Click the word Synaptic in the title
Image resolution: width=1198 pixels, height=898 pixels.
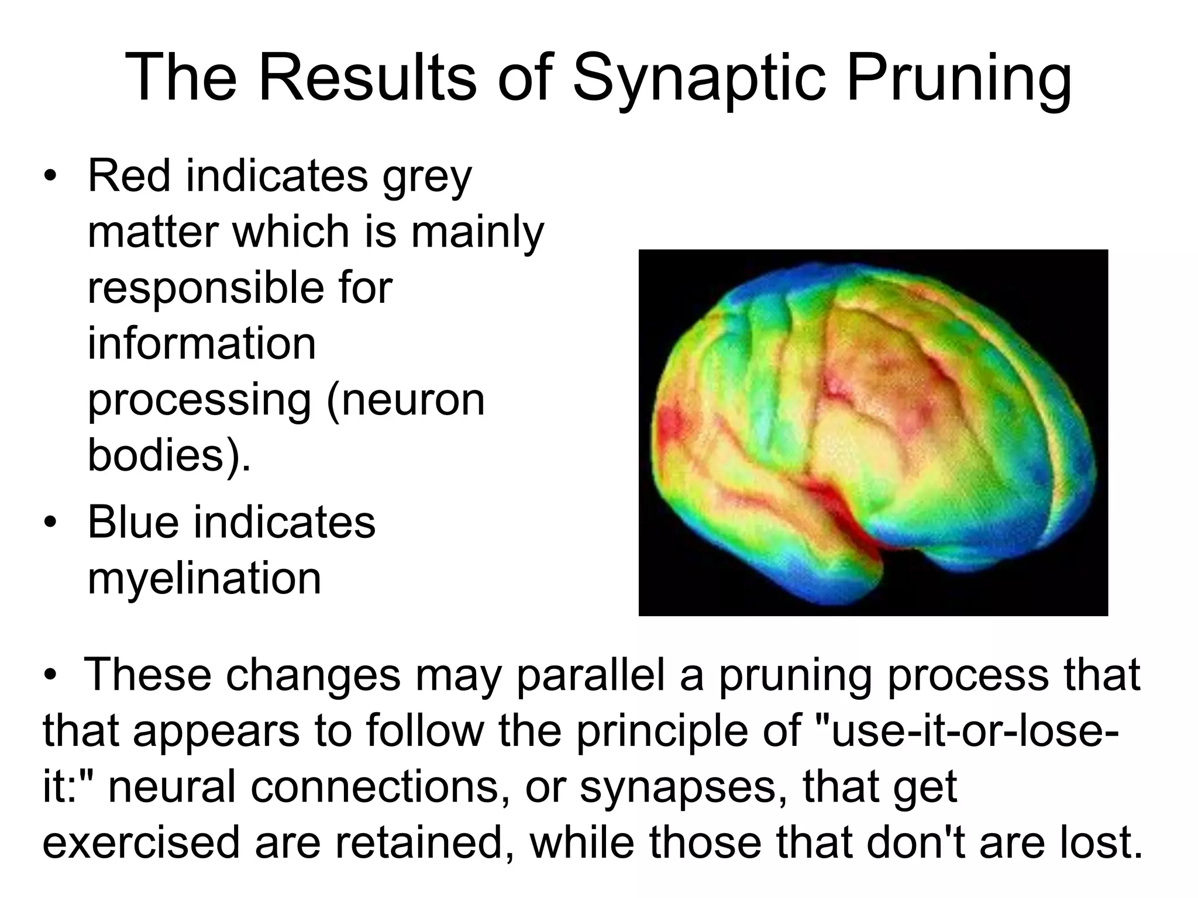[x=699, y=79]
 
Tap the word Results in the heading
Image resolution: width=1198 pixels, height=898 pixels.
[x=368, y=79]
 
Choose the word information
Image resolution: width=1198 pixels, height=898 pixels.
[x=202, y=344]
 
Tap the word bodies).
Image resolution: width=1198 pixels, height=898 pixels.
[x=169, y=455]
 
